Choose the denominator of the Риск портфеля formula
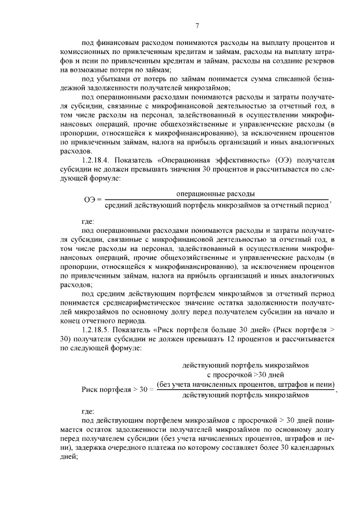pyautogui.click(x=246, y=395)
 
